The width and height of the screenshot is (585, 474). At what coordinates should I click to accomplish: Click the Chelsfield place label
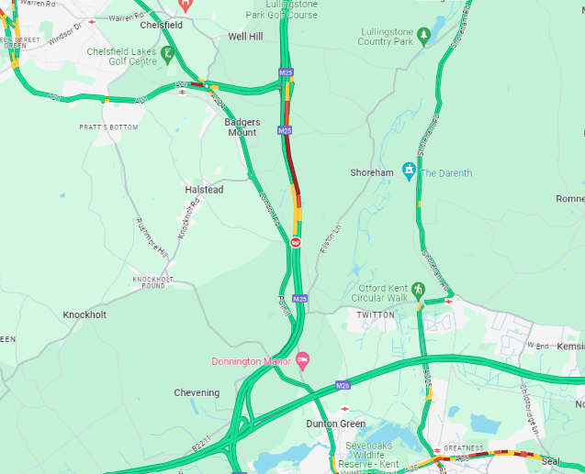(161, 25)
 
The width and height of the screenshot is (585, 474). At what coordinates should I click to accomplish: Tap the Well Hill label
(245, 37)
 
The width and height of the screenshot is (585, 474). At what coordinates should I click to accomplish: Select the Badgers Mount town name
(242, 127)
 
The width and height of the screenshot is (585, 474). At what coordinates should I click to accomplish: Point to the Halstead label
(204, 190)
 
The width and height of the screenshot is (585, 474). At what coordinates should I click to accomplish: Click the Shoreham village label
(372, 172)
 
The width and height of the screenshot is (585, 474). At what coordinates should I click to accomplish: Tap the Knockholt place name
(84, 314)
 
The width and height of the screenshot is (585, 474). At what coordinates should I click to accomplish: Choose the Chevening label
(197, 392)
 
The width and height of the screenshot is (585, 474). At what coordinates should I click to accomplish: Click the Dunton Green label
(335, 424)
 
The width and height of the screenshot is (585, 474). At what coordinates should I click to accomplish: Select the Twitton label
(375, 314)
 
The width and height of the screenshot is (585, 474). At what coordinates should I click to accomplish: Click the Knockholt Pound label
(153, 281)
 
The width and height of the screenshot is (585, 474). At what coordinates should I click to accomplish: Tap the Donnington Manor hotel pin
(302, 359)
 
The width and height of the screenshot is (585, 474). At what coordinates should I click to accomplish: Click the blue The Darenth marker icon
(409, 171)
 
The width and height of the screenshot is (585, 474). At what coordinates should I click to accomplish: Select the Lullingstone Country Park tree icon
(423, 36)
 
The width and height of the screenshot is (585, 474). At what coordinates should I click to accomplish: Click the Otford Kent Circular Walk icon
(419, 290)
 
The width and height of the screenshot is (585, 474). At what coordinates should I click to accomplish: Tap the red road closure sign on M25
(296, 242)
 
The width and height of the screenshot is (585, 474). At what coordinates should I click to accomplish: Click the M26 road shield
(343, 385)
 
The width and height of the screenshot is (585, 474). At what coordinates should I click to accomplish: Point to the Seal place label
(550, 461)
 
